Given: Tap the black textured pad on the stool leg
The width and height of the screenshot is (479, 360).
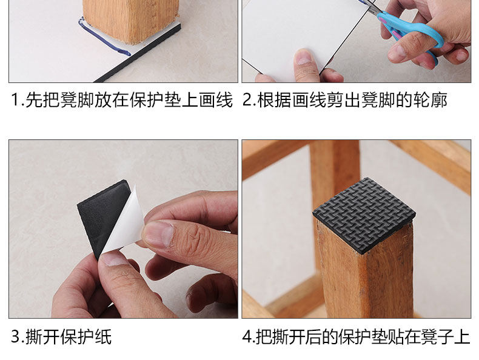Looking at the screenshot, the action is (x=364, y=214).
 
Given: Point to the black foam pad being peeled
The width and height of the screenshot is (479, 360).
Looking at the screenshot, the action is (x=102, y=214).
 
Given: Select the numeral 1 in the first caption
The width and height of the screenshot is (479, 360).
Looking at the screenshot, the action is (x=15, y=100).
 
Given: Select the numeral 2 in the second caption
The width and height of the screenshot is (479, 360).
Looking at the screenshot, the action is (x=247, y=100).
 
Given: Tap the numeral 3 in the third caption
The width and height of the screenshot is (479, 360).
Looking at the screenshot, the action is (x=16, y=336).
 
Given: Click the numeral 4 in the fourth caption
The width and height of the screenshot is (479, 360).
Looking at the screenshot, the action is (x=247, y=336).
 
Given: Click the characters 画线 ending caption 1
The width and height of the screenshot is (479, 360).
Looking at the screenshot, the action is (x=216, y=100).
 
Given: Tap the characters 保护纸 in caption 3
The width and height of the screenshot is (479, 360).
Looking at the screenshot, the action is (x=86, y=336).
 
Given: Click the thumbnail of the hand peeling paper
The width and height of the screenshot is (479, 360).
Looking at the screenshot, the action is (x=157, y=233).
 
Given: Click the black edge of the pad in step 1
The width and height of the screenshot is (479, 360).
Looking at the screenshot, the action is (x=138, y=53).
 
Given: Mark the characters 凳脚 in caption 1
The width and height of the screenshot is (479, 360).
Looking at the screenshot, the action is (x=77, y=100).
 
